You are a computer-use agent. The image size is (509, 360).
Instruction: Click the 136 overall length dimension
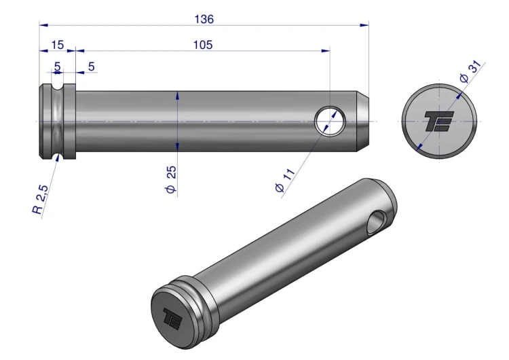click(204, 19)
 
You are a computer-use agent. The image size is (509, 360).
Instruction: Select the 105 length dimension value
click(203, 45)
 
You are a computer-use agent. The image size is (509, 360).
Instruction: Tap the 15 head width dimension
click(58, 45)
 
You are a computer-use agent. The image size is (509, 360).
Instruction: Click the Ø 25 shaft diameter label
click(171, 179)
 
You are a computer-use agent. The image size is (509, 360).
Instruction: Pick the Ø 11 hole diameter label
click(285, 180)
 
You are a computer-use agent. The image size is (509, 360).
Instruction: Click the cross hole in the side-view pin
click(330, 121)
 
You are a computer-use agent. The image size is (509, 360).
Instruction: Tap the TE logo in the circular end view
click(439, 121)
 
